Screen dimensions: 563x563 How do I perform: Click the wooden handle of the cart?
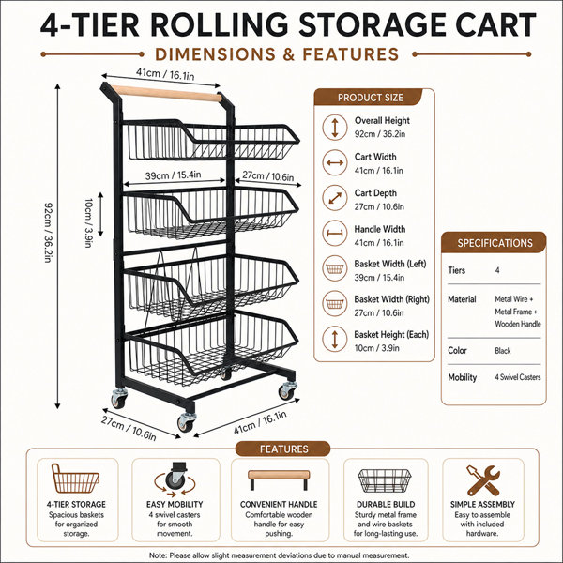(x=166, y=93)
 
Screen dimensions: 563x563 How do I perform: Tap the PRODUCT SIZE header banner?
(x=370, y=98)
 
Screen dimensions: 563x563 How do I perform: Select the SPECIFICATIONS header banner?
(x=495, y=243)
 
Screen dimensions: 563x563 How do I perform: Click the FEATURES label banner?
(x=283, y=449)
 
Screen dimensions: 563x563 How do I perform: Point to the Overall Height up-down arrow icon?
(x=335, y=127)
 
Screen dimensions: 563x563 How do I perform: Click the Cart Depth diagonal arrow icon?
(x=335, y=198)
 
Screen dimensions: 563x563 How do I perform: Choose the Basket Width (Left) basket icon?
(x=335, y=268)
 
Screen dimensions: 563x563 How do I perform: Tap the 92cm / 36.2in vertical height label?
(x=49, y=233)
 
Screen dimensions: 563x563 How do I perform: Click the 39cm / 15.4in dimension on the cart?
(x=173, y=175)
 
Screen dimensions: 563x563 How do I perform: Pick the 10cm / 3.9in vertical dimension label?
(x=88, y=222)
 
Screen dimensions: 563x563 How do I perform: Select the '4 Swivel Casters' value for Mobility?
(x=517, y=377)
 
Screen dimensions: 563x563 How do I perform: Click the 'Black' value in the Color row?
(x=502, y=351)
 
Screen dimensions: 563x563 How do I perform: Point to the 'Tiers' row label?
(x=456, y=270)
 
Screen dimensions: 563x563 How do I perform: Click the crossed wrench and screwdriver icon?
(x=483, y=480)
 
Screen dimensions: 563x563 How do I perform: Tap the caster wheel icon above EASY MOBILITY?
(x=175, y=479)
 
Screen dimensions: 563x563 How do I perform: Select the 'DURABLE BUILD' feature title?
(x=386, y=504)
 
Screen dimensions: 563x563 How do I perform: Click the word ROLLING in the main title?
(x=219, y=24)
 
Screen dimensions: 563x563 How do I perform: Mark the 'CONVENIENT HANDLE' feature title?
(x=279, y=504)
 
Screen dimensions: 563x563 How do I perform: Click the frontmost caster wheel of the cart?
(x=187, y=422)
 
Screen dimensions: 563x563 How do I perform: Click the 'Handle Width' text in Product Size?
(x=379, y=229)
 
